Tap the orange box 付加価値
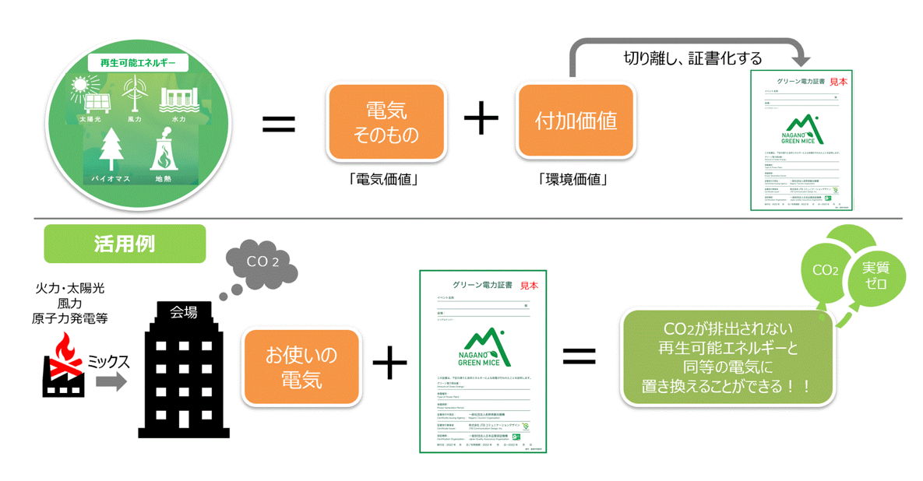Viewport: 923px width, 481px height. pos(576,121)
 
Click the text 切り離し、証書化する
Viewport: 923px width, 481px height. pos(692,58)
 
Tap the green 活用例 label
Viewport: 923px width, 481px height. pos(125,244)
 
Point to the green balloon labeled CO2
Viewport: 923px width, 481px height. pos(825,272)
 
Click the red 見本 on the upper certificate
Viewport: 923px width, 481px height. pos(838,80)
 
